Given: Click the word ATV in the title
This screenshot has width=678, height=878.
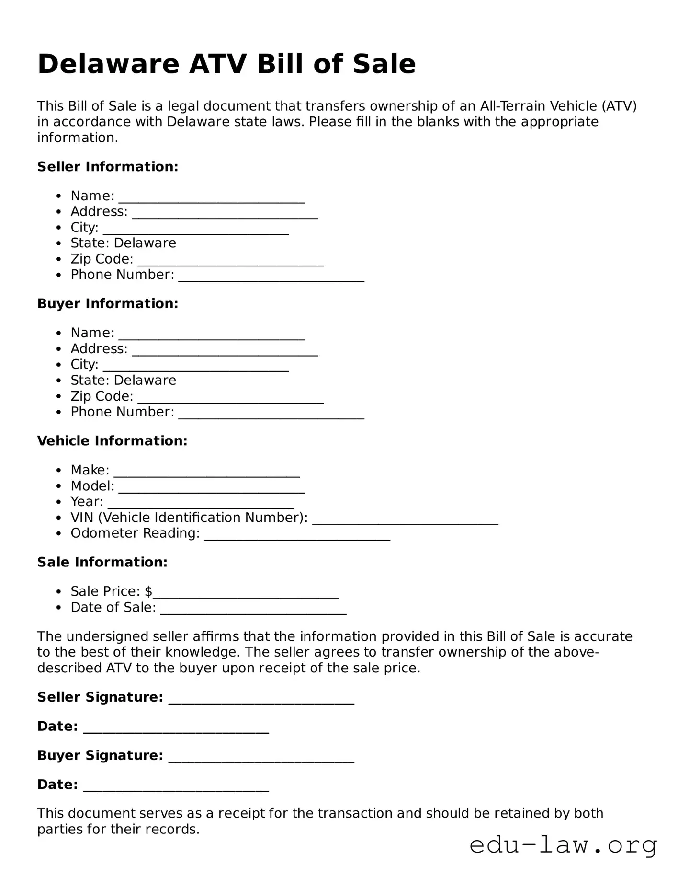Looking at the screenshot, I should point(218,64).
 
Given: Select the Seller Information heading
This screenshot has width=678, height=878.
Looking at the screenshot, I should point(108,167).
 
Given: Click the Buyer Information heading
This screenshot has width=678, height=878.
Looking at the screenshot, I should point(108,304).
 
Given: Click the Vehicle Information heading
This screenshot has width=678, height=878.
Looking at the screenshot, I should point(112,441).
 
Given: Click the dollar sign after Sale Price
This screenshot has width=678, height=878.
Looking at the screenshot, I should point(148,591).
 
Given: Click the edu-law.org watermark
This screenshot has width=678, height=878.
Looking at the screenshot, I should point(563,845).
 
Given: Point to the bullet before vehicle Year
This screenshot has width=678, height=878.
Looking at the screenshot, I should point(58,502).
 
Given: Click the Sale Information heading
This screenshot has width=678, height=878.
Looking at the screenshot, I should point(102,562).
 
